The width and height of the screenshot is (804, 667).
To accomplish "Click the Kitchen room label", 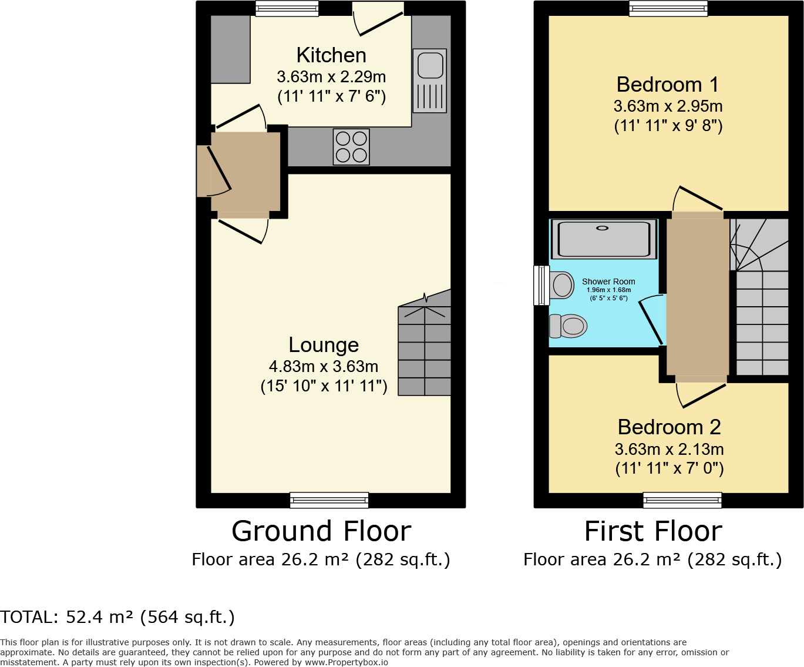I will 331,55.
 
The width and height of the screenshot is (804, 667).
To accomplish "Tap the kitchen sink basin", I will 430,65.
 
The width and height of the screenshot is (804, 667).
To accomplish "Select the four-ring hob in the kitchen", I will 351,147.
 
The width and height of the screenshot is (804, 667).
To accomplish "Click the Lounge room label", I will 324,345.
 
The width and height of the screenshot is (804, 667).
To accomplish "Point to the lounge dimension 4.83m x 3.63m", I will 324,367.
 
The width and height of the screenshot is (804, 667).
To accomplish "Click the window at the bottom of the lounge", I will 329,500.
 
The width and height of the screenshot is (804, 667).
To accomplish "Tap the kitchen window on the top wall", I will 287,8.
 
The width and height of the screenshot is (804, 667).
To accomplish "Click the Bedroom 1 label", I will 668,85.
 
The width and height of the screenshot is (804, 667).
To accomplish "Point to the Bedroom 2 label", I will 669,427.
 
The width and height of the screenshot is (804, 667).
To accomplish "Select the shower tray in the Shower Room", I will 604,239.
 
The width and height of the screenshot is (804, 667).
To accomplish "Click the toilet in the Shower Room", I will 568,326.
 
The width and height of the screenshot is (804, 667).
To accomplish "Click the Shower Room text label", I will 608,281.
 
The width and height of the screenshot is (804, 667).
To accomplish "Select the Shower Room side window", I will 541,286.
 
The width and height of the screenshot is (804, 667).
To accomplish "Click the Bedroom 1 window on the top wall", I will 668,8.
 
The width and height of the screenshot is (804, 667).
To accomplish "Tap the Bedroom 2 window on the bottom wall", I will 682,500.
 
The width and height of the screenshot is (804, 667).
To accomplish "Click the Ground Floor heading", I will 321,531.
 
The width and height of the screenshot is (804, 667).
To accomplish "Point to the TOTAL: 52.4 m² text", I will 117,617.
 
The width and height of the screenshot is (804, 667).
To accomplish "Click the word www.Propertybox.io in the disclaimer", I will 346,662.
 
